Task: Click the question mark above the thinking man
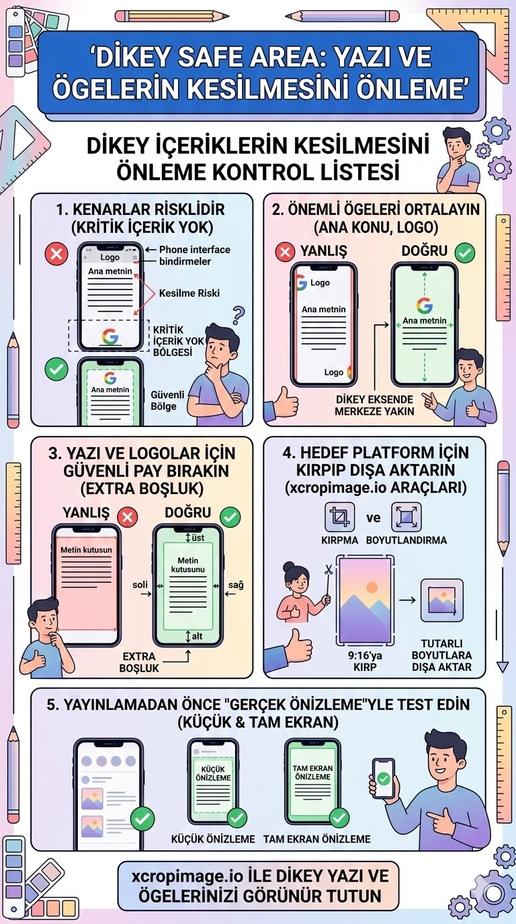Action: point(237,315)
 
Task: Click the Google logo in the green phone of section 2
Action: point(424,306)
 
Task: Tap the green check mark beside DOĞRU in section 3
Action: point(230,516)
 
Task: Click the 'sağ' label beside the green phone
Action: point(235,585)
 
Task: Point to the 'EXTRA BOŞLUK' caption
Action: point(139,662)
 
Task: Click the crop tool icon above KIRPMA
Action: point(340,517)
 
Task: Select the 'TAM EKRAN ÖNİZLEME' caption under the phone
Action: point(316,839)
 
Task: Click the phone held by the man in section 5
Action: point(383,779)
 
